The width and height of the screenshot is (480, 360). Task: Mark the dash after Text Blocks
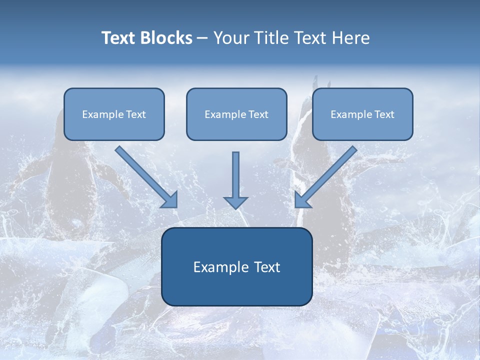[x=202, y=38]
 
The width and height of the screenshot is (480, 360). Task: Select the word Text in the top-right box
[x=384, y=114]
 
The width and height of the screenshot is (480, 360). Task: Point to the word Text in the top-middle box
[x=258, y=114]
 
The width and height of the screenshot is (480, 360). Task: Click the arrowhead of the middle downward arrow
[x=235, y=202]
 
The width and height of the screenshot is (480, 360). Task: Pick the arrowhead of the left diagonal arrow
[x=170, y=200]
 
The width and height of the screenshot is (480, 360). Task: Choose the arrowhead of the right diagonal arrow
[x=302, y=200]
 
